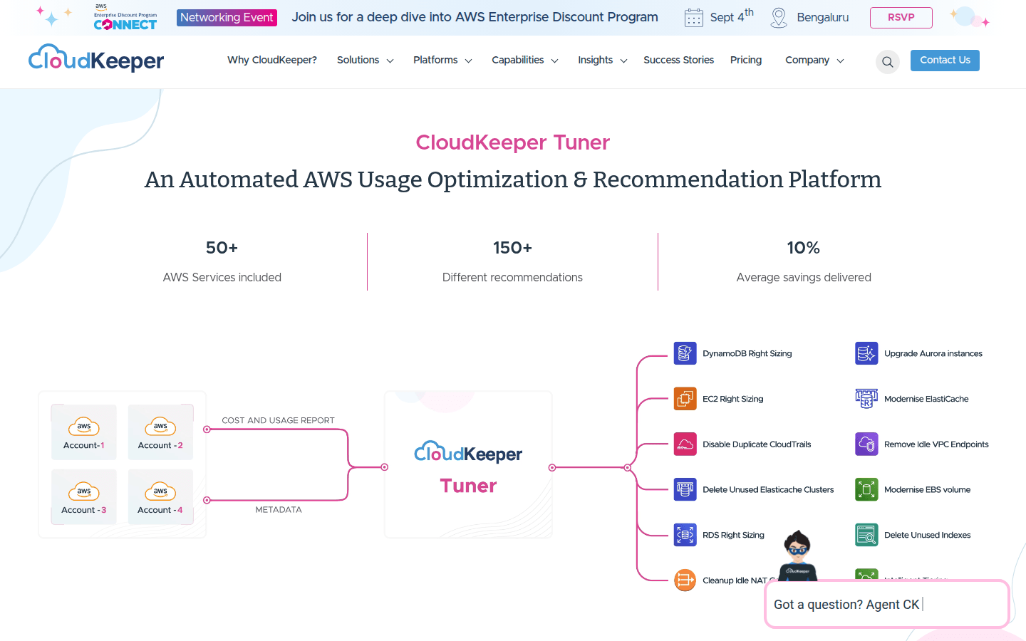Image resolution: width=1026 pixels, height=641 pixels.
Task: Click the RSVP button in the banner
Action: pyautogui.click(x=901, y=18)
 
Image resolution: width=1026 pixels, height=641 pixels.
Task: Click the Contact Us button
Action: pyautogui.click(x=945, y=61)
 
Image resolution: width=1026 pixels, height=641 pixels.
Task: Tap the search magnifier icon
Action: pyautogui.click(x=887, y=62)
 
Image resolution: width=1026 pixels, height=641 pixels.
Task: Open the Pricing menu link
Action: pyautogui.click(x=746, y=61)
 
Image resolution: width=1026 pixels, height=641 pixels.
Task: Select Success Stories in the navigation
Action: pyautogui.click(x=678, y=61)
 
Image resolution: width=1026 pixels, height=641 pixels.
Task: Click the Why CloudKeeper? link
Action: pyautogui.click(x=272, y=61)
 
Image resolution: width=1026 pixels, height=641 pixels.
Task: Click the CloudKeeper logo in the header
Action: pyautogui.click(x=96, y=59)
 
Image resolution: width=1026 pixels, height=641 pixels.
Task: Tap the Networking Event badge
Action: pyautogui.click(x=227, y=18)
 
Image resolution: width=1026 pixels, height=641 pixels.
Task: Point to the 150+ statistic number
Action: pyautogui.click(x=512, y=248)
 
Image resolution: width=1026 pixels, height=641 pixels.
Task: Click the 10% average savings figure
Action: pyautogui.click(x=803, y=248)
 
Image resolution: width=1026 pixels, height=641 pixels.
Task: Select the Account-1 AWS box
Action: pyautogui.click(x=84, y=432)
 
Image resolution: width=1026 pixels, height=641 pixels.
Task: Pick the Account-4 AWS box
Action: pyautogui.click(x=160, y=497)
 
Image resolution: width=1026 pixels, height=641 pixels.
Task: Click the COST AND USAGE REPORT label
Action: pyautogui.click(x=278, y=421)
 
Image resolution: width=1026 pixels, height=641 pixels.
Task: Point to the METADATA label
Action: pyautogui.click(x=279, y=510)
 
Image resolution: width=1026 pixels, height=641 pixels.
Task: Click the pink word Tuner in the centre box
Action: pyautogui.click(x=468, y=486)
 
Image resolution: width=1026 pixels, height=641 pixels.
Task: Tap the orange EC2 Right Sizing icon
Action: pyautogui.click(x=685, y=399)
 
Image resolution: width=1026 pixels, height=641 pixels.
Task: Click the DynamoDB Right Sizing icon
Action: pyautogui.click(x=685, y=353)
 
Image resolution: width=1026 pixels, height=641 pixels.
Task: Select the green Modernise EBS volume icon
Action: pyautogui.click(x=866, y=490)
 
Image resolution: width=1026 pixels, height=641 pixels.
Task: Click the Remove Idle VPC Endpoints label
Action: pyautogui.click(x=936, y=444)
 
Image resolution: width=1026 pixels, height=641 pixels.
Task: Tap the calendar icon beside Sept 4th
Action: pyautogui.click(x=693, y=18)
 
